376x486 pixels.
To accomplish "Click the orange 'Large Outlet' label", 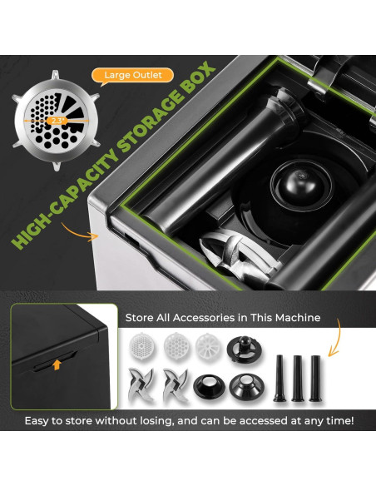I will click(132, 76).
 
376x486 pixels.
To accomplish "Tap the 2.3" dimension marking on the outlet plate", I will click(57, 120).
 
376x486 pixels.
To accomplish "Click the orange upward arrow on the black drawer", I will click(57, 364).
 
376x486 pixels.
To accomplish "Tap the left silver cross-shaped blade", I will click(141, 386).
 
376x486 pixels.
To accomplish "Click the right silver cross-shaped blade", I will click(176, 386).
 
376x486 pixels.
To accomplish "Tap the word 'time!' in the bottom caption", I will click(336, 421).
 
